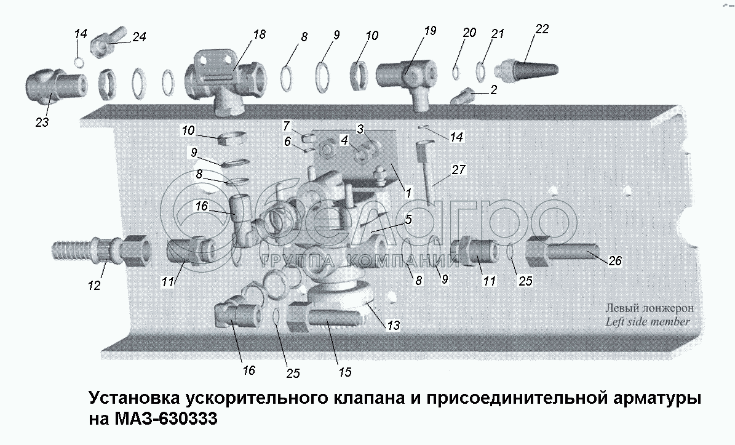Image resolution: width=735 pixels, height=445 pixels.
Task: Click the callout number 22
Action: (541, 29)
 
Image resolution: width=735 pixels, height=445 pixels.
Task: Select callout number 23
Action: (42, 122)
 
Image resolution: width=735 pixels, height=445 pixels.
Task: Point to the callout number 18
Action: (259, 34)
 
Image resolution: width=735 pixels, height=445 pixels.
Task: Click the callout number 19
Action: (430, 31)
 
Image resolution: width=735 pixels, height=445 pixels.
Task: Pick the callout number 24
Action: (139, 36)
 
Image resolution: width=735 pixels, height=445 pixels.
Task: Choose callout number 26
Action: (615, 261)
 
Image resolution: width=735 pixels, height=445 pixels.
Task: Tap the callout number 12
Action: (94, 284)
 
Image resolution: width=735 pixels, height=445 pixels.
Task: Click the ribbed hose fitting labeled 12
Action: (101, 249)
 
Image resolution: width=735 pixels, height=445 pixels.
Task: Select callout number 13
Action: (393, 325)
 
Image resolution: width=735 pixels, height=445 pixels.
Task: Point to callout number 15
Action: (345, 372)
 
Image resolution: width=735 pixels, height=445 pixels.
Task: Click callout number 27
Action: (458, 170)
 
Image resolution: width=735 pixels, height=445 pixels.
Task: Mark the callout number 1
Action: (408, 192)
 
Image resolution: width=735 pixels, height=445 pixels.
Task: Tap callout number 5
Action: (408, 219)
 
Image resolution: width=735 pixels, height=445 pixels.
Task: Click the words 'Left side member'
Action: (647, 322)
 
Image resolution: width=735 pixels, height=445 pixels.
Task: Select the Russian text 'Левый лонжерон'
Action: (650, 308)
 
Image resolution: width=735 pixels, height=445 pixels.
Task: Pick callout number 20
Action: (469, 33)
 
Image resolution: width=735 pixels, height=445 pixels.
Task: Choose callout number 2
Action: (494, 90)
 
